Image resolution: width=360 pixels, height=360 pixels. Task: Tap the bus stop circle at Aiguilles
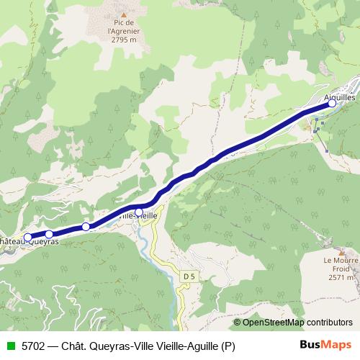(332, 104)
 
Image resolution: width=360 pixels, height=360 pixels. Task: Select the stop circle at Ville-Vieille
(139, 212)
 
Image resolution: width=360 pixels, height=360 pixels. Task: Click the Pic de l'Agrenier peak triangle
(124, 14)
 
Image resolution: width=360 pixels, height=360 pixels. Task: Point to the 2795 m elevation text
(123, 40)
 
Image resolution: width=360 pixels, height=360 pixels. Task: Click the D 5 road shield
(189, 276)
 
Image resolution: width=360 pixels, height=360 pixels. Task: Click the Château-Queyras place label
(29, 243)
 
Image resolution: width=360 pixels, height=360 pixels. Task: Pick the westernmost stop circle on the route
(28, 237)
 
